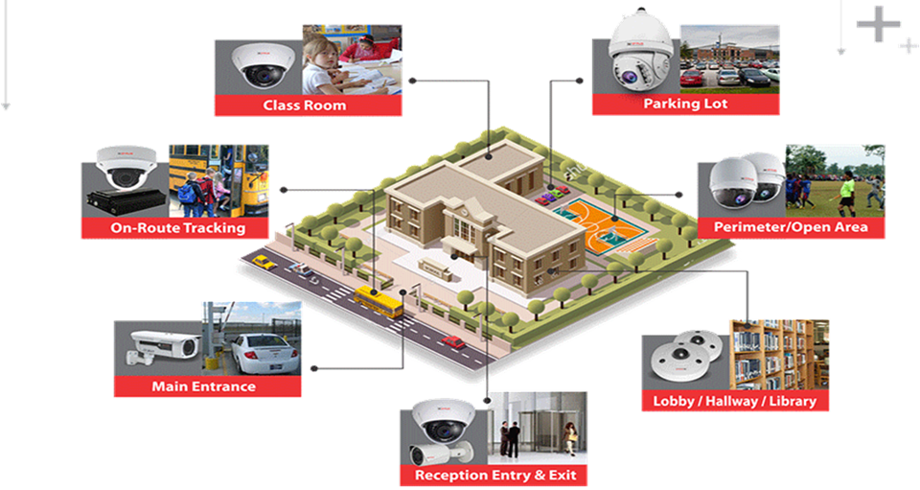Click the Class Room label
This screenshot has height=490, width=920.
coord(305,105)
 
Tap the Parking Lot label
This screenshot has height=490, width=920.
coord(685,104)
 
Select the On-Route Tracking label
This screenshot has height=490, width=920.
coord(178,227)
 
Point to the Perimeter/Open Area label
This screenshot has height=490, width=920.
coord(791,227)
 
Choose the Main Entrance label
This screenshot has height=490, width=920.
coord(203,386)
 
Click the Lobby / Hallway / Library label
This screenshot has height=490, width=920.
coord(735,402)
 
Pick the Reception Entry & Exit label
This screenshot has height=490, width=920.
coord(495,476)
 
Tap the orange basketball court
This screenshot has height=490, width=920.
coord(598,227)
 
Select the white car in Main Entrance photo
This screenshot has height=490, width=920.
coord(265,353)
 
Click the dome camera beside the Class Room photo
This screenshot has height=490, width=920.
coord(258,65)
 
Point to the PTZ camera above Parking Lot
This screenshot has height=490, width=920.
coord(641,51)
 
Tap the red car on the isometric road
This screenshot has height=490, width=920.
coord(453,341)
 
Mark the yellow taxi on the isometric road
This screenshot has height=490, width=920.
coord(264,262)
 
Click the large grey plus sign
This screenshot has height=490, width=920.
coord(879,24)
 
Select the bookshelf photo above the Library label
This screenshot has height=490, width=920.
coord(779,356)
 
